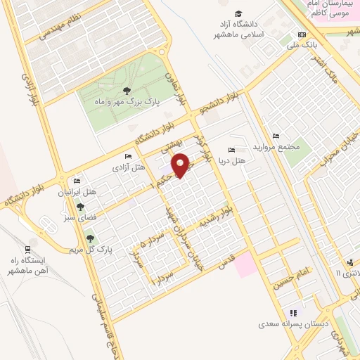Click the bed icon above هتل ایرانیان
(77, 181)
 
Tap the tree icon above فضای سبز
(80, 207)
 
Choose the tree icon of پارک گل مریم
(89, 239)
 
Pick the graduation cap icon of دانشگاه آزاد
(239, 14)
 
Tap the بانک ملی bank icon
(302, 34)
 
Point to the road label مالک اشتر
(327, 70)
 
